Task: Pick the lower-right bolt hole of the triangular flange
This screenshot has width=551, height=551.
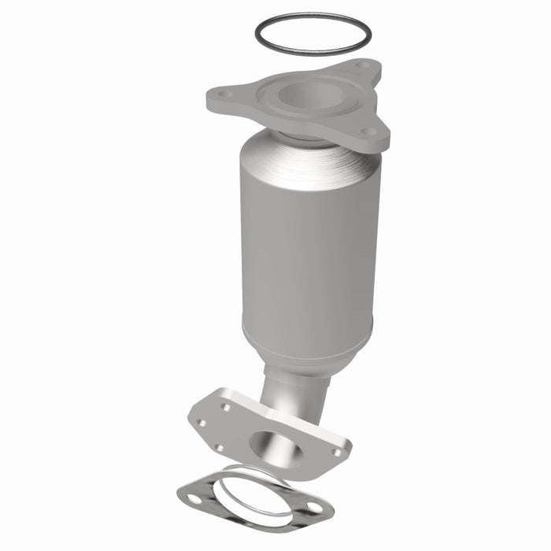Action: click(368, 132)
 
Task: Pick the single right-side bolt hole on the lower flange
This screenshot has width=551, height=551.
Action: click(337, 453)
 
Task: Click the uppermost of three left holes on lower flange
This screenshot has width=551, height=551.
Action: click(226, 408)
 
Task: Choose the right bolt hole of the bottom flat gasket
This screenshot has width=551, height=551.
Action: click(314, 508)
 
